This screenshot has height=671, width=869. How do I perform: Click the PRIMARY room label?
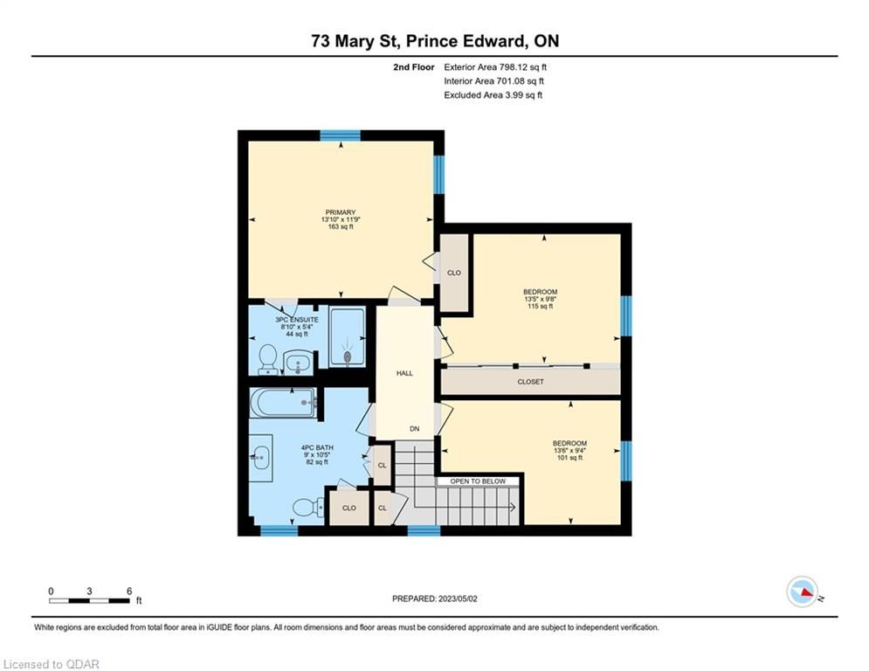pyautogui.click(x=341, y=212)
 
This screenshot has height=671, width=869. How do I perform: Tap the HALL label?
pyautogui.click(x=404, y=373)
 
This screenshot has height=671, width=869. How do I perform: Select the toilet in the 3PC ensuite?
pyautogui.click(x=268, y=359)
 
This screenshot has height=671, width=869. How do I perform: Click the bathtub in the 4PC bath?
pyautogui.click(x=283, y=403)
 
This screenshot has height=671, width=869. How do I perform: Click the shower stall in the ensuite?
pyautogui.click(x=348, y=336)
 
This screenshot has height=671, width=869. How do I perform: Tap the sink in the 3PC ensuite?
pyautogui.click(x=298, y=363)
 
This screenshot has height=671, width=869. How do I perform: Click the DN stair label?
pyautogui.click(x=415, y=429)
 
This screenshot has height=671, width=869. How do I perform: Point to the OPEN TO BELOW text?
pyautogui.click(x=478, y=481)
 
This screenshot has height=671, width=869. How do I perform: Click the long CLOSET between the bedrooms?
pyautogui.click(x=530, y=382)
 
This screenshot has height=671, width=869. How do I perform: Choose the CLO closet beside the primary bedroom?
pyautogui.click(x=454, y=273)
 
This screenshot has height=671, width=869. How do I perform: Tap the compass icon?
pyautogui.click(x=803, y=591)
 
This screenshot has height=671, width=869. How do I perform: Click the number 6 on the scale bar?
pyautogui.click(x=129, y=591)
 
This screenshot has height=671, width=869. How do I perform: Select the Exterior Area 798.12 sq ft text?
pyautogui.click(x=495, y=67)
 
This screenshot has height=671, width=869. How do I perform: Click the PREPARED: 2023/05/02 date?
pyautogui.click(x=435, y=598)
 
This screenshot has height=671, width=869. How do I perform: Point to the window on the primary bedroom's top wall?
pyautogui.click(x=341, y=135)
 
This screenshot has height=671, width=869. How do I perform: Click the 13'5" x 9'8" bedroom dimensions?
pyautogui.click(x=541, y=299)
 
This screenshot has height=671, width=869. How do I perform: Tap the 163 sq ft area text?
pyautogui.click(x=341, y=227)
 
